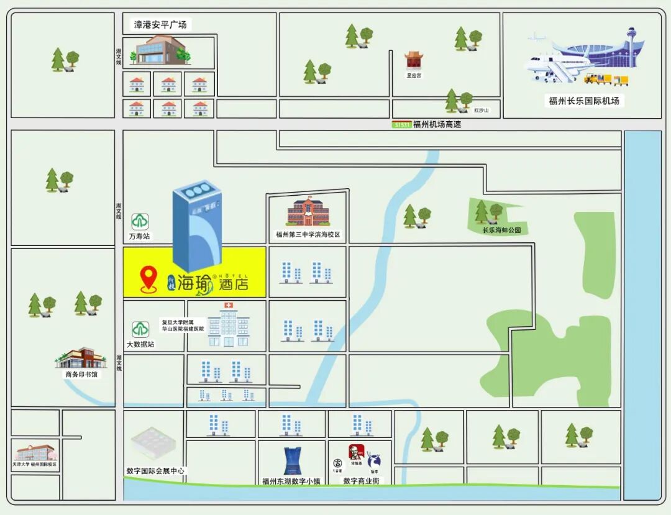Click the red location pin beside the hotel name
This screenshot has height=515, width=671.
point(148,279)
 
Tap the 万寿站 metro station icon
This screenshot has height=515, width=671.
point(140,221)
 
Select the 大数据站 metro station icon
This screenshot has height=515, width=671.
point(140,329)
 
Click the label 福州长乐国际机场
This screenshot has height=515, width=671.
point(584,101)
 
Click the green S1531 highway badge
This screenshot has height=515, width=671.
point(401,124)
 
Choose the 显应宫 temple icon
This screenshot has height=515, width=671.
point(414,61)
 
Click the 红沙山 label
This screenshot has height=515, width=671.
point(482,111)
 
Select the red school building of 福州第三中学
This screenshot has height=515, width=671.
point(308,212)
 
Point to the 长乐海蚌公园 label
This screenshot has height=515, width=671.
point(501,230)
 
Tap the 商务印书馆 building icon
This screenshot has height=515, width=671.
point(81,358)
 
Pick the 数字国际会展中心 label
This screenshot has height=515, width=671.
point(155,471)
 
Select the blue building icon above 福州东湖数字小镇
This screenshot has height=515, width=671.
point(291,460)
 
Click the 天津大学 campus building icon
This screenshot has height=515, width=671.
point(35,452)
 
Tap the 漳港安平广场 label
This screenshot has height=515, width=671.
point(160,25)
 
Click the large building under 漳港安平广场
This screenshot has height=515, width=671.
point(158,50)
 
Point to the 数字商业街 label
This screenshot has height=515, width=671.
point(362,481)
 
